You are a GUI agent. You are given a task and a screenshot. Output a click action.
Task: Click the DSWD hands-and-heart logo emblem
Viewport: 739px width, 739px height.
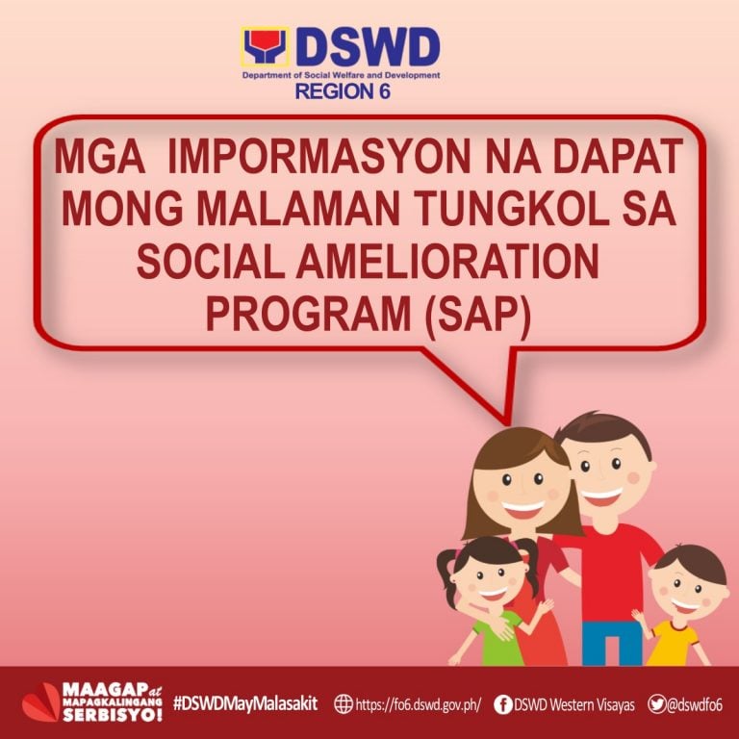pyautogui.click(x=265, y=46)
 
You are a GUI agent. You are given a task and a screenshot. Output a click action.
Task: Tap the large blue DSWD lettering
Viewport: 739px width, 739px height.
pyautogui.click(x=369, y=47)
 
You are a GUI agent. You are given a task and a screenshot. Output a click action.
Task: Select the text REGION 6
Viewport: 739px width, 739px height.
pyautogui.click(x=343, y=91)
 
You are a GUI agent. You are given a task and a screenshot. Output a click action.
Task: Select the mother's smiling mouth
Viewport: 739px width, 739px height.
pyautogui.click(x=523, y=509)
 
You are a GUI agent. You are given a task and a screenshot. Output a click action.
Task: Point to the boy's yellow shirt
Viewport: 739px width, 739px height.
pyautogui.click(x=674, y=644)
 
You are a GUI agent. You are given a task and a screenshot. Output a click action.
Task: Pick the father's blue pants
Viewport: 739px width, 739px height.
pyautogui.click(x=612, y=644)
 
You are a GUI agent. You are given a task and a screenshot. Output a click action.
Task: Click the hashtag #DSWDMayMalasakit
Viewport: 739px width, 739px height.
pyautogui.click(x=245, y=703)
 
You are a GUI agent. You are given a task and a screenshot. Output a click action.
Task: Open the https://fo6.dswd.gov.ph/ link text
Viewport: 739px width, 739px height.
pyautogui.click(x=419, y=704)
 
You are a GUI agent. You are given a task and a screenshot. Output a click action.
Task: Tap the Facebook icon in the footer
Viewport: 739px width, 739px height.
pyautogui.click(x=503, y=704)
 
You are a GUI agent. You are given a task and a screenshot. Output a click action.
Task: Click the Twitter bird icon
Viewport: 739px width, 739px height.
pyautogui.click(x=656, y=703)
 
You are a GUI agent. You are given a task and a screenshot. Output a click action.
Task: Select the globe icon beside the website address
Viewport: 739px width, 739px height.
pyautogui.click(x=344, y=704)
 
